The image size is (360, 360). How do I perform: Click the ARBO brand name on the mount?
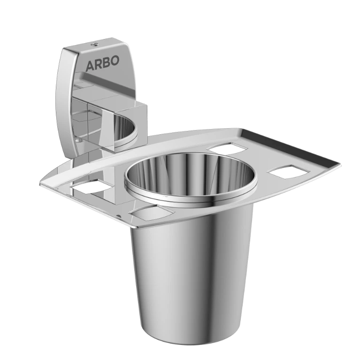(102, 63)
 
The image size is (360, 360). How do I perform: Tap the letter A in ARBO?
(90, 66)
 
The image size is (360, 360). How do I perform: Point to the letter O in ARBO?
(115, 61)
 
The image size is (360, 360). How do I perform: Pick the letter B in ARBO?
(106, 62)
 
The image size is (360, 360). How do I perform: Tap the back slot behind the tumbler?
(227, 148)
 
